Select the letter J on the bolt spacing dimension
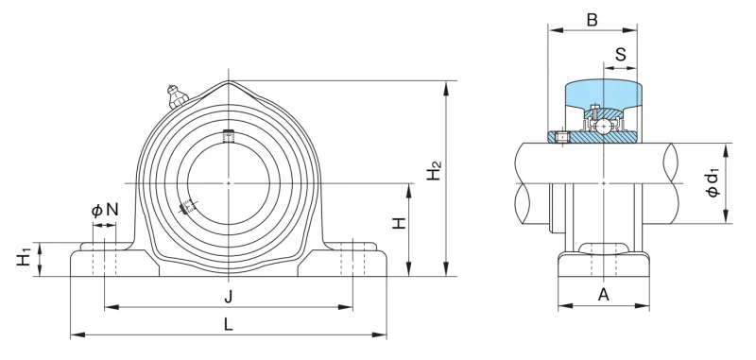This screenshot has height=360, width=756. click(229, 299)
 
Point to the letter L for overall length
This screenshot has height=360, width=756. click(229, 325)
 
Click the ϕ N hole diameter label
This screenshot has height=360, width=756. click(105, 210)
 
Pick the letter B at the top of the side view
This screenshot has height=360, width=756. click(593, 20)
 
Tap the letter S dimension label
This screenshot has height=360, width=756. click(621, 55)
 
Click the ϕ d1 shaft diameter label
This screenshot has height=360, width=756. click(713, 181)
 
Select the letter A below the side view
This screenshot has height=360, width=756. click(604, 294)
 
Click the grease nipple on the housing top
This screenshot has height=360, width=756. click(176, 95)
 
